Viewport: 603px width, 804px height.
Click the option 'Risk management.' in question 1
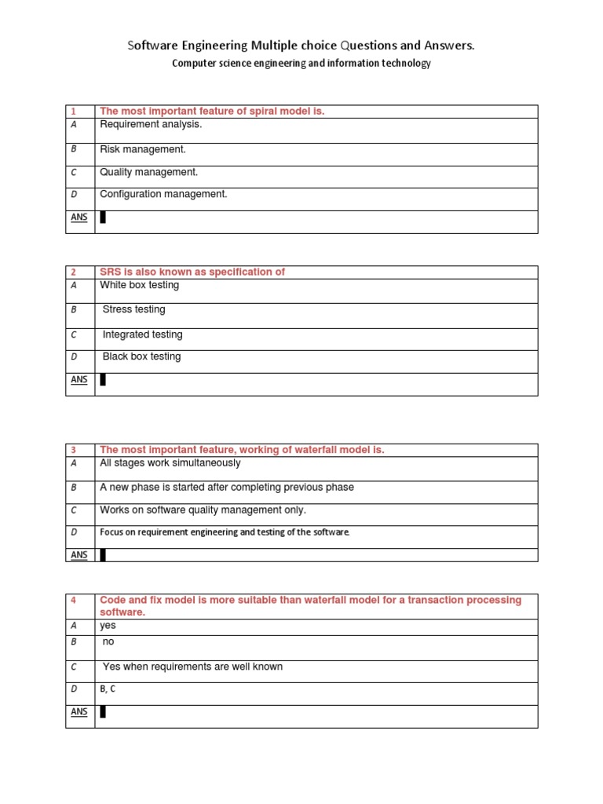point(142,149)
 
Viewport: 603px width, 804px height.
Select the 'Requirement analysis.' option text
point(151,124)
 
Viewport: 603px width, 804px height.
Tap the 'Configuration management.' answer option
point(163,194)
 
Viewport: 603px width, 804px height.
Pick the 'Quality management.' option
point(148,172)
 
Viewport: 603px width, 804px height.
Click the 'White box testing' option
point(139,285)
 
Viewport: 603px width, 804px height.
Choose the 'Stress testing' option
point(134,309)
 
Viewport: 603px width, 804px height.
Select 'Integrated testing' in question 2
point(142,334)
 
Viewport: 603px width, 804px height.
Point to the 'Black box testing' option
point(141,356)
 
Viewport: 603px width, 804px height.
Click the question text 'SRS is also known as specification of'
point(192,272)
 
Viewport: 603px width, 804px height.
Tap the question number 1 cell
point(74,111)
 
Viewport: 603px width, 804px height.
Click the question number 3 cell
point(74,450)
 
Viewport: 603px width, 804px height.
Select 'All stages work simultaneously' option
point(170,463)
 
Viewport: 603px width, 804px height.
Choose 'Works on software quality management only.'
point(203,510)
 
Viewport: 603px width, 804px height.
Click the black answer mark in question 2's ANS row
point(103,380)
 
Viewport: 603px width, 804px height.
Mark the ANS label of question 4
point(79,712)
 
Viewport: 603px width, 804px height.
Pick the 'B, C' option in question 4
point(108,689)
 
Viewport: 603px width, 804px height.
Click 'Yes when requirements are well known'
point(192,667)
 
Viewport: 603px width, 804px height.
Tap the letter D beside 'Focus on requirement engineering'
point(74,532)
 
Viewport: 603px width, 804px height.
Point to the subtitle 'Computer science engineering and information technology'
point(301,64)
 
